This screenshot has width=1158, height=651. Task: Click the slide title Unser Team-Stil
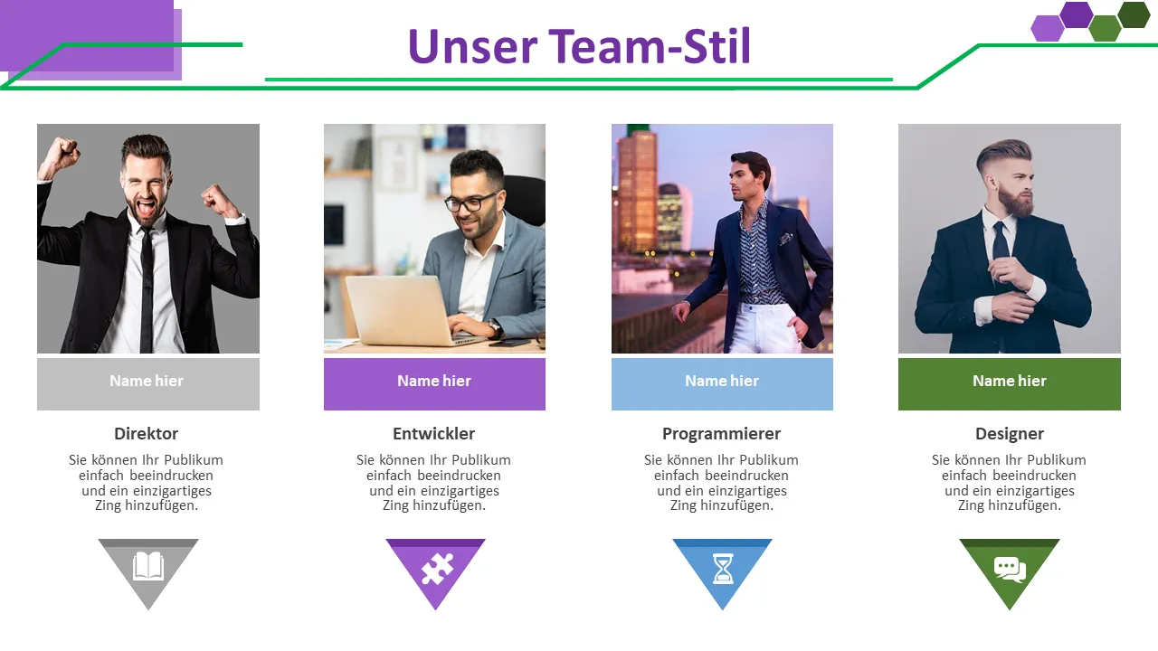point(579,46)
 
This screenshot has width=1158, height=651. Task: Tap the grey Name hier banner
point(148,384)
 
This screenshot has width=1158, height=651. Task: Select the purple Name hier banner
point(434,384)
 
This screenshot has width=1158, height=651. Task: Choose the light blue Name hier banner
point(722,384)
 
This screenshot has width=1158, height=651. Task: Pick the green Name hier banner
point(1009,384)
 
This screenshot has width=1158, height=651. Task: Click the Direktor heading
point(147,433)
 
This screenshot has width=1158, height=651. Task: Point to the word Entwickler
point(433,433)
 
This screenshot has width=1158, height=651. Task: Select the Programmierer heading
point(722,434)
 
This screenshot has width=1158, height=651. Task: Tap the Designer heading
point(1010,434)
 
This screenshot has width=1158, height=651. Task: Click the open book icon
point(148,566)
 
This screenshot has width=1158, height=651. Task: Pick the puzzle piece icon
point(437,569)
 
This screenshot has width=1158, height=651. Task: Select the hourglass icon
point(723,569)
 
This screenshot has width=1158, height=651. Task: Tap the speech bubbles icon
point(1011,570)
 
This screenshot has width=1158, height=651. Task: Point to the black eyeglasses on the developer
point(471,202)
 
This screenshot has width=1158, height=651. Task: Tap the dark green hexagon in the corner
point(1134,14)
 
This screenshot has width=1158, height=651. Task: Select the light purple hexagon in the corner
point(1048,28)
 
